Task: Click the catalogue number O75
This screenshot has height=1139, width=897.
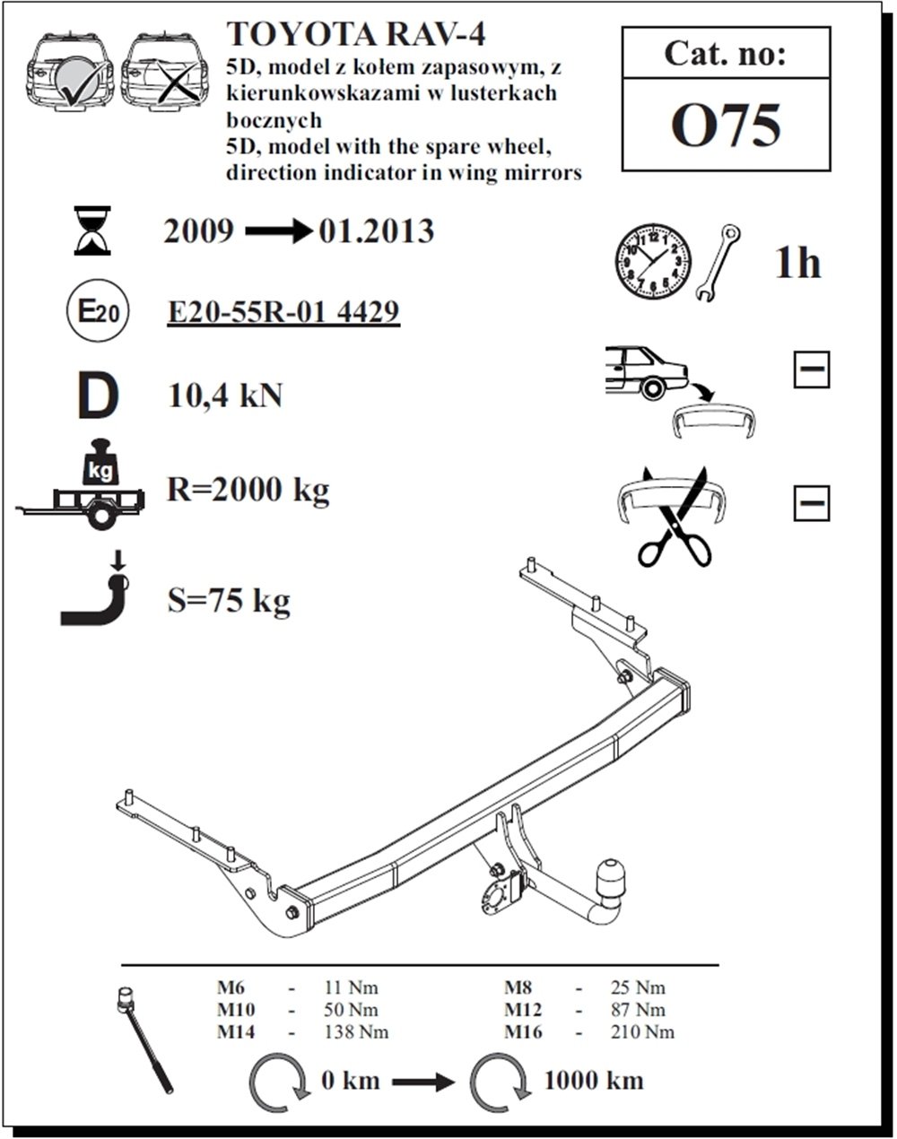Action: point(726,126)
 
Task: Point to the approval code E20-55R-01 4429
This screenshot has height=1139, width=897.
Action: point(283,312)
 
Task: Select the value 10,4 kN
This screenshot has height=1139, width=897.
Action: point(225,395)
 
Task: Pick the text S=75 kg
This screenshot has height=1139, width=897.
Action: point(229,599)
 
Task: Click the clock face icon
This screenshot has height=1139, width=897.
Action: point(653,262)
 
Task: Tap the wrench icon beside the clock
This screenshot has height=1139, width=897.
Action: point(718,262)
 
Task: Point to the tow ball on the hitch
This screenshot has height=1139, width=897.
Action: point(610,874)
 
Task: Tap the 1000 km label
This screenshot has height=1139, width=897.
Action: point(594,1079)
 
